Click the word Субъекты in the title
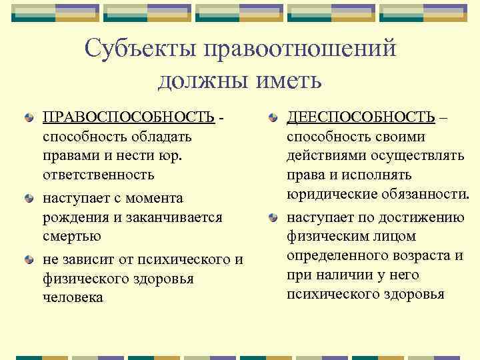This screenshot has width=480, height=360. point(139,50)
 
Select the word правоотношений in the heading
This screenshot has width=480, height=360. point(301,50)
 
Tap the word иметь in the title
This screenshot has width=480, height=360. point(291,81)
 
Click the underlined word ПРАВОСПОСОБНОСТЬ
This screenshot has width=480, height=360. point(129,117)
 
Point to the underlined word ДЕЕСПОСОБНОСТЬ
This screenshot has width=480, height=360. point(361,117)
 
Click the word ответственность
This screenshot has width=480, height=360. point(98,175)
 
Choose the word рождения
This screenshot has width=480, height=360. point(73,217)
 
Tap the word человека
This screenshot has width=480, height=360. point(73,297)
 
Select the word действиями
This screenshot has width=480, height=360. point(324,156)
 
